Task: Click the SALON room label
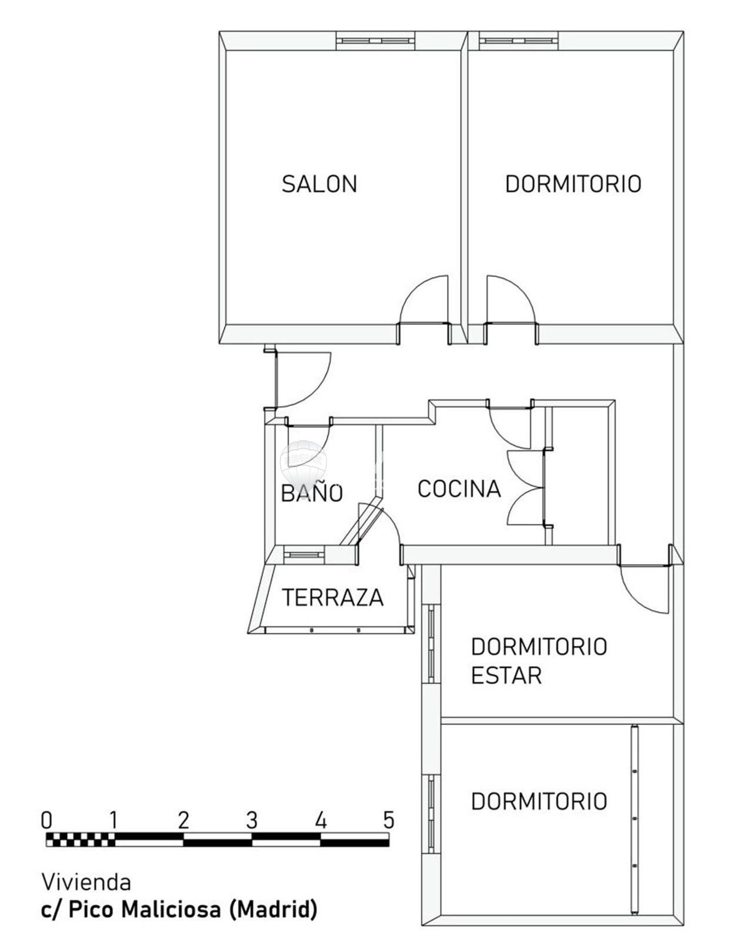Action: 319,184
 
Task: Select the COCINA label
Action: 459,489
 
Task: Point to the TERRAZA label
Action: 332,597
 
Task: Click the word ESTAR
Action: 506,676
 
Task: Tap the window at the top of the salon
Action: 375,41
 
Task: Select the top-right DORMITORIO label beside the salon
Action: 573,184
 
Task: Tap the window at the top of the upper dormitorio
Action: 519,41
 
